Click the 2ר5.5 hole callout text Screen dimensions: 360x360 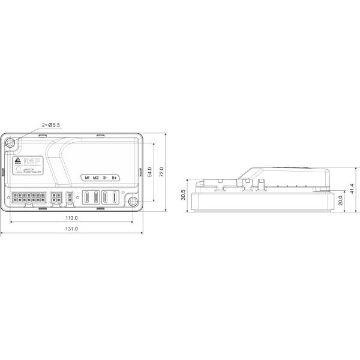tap(50, 125)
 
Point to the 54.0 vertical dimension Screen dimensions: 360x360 tap(157, 172)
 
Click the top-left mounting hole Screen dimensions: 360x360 tap(10, 143)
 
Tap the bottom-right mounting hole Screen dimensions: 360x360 tap(132, 200)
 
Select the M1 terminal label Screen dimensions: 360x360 tap(87, 178)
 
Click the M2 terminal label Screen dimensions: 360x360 tap(96, 178)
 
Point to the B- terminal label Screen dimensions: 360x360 tap(106, 178)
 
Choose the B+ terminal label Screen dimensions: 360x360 tap(115, 178)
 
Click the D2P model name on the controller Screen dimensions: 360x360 tap(31, 161)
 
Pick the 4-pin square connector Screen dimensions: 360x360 tap(56, 197)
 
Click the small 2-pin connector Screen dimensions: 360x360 tap(70, 197)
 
